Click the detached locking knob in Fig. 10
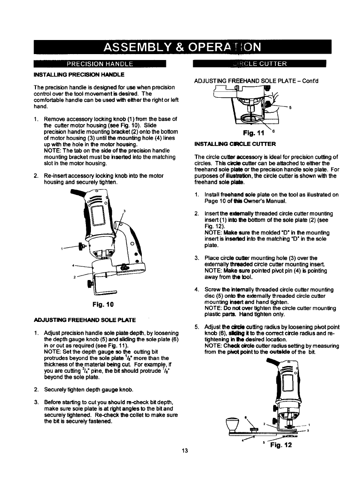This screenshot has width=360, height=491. point(82,247)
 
